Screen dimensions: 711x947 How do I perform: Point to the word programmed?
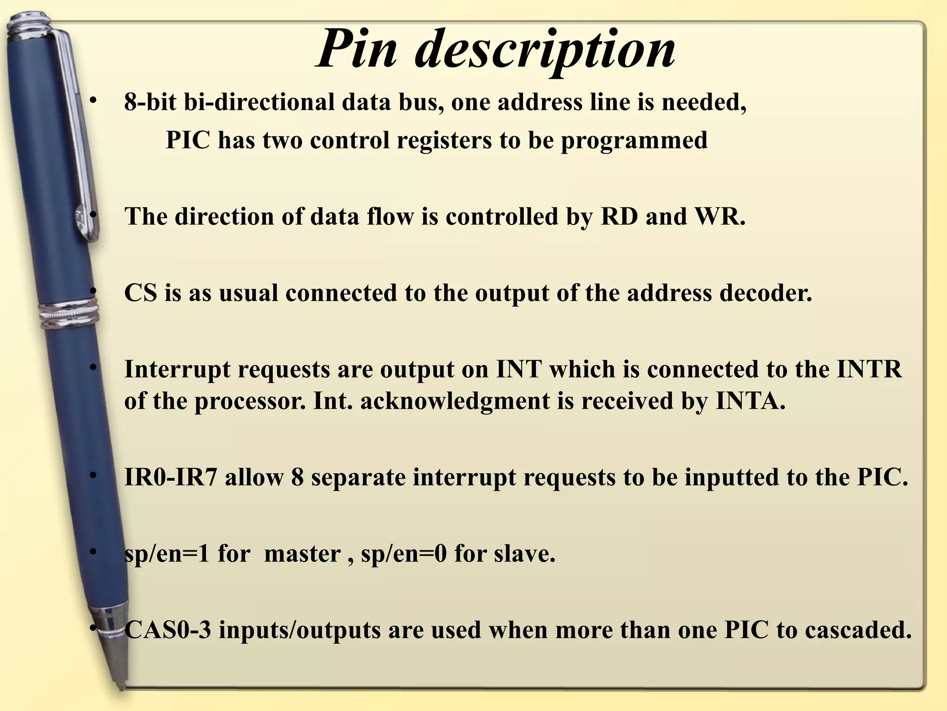click(634, 141)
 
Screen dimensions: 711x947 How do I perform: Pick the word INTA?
click(750, 401)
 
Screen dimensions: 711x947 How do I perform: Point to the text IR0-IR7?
click(171, 477)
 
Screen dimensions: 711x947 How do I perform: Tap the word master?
click(302, 554)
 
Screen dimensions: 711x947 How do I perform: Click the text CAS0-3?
click(168, 630)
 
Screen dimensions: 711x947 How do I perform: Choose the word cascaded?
click(858, 630)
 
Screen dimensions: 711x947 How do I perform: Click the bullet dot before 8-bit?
click(93, 100)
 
